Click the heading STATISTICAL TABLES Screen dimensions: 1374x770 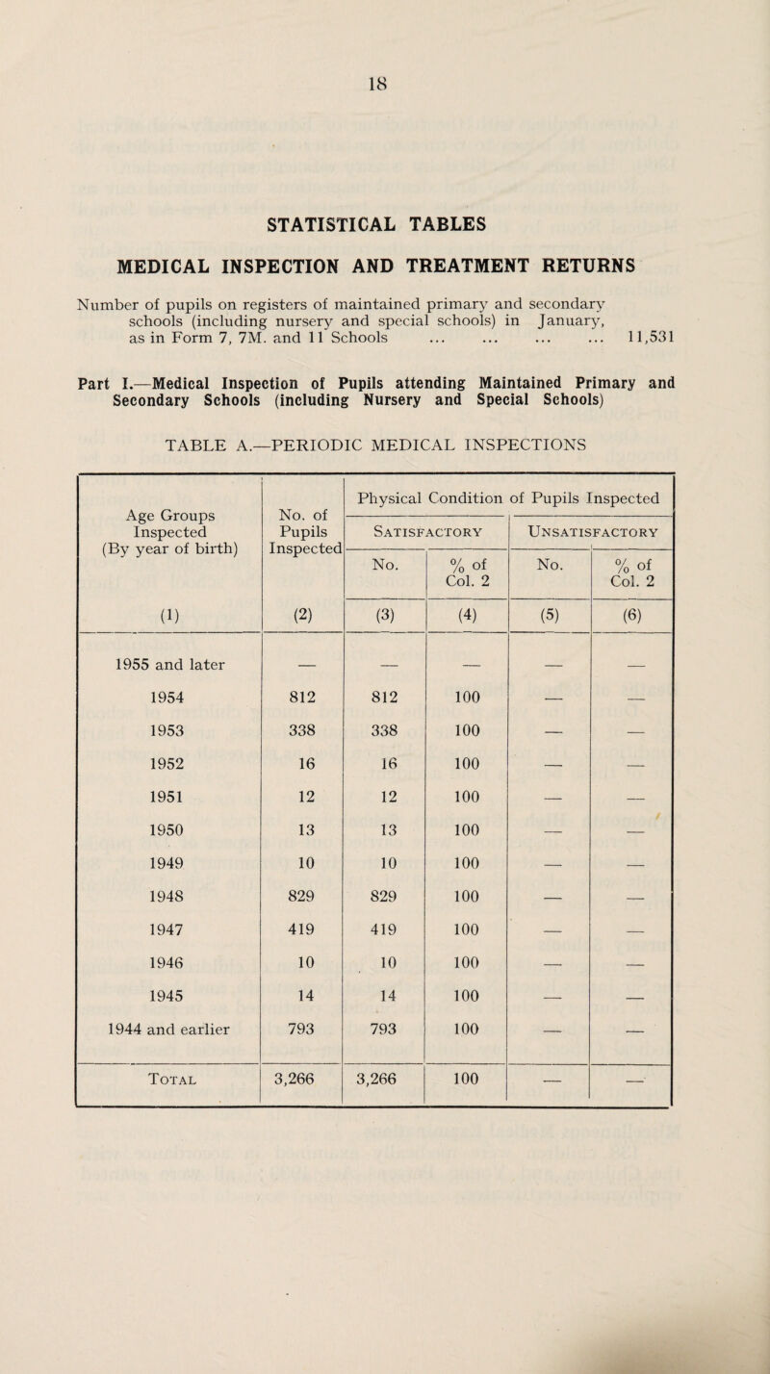pos(384,227)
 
